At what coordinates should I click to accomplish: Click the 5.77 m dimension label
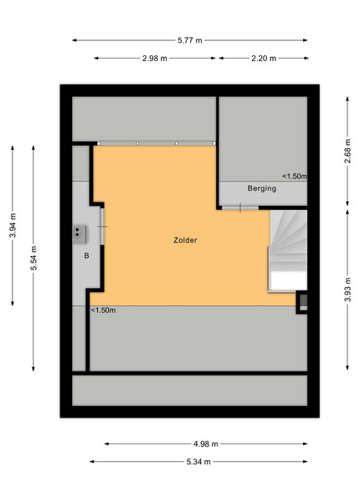pos(190,40)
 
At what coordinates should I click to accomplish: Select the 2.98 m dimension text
pos(155,59)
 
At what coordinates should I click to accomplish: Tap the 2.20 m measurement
pos(264,59)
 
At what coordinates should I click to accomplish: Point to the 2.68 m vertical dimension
pos(347,151)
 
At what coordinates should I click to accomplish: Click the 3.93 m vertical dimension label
pos(347,289)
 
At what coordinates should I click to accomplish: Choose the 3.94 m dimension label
pos(13,225)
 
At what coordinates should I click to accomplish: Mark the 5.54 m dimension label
pos(33,258)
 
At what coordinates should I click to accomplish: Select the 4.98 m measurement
pos(206,443)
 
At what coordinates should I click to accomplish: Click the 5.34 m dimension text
pos(198,462)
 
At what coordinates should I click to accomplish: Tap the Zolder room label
pos(185,240)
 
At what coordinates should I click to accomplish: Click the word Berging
pos(262,188)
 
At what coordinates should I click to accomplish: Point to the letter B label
pos(86,256)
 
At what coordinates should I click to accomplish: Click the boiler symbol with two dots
pos(80,234)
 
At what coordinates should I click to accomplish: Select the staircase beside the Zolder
pos(288,251)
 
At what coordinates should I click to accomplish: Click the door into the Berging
pos(240,207)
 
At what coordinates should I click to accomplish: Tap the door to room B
pos(102,227)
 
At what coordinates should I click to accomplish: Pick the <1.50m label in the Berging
pos(295,176)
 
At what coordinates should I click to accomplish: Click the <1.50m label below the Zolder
pos(104,310)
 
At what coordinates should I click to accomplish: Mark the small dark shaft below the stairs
pos(303,302)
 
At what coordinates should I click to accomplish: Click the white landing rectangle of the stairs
pos(288,281)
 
